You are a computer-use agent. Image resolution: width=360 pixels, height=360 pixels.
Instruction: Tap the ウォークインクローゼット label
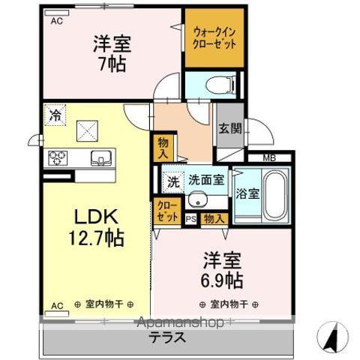coord(214,38)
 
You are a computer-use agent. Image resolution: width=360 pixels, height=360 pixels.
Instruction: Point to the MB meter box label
coord(269,157)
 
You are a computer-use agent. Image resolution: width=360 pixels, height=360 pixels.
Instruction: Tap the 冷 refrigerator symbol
coord(55,115)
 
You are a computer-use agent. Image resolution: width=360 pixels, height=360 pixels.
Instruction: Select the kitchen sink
coord(100,157)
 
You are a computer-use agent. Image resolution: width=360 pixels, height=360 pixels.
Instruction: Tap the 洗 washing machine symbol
coord(172,181)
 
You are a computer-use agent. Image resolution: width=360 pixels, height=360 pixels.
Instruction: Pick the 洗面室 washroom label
coord(205,180)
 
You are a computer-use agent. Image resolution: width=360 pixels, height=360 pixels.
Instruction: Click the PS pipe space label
coord(190,219)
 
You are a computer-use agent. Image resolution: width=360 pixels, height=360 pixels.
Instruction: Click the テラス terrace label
coord(166,337)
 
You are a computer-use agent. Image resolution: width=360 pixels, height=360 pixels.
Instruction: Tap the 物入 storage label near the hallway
coord(163,144)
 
